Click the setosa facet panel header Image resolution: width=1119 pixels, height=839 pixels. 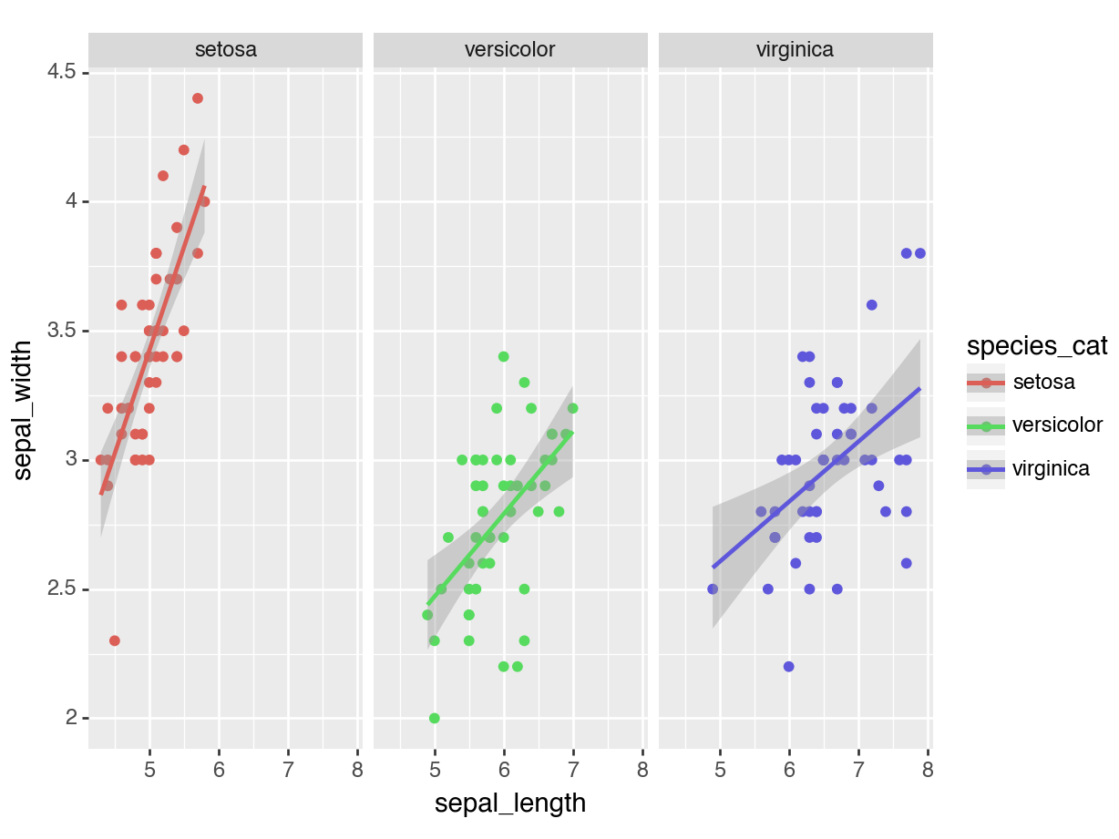tap(225, 50)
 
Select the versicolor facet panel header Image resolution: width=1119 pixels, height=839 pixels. tap(509, 50)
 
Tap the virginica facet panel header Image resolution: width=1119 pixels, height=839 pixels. tap(795, 50)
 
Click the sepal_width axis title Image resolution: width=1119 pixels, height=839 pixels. tap(25, 410)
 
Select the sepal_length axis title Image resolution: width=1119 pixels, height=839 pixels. tap(509, 803)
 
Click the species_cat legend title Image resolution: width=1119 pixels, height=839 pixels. tap(1037, 346)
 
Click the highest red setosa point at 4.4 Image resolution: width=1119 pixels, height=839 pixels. tap(198, 98)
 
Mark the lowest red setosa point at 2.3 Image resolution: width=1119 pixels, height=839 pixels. tap(115, 640)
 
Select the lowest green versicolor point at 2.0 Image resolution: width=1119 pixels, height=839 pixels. tap(435, 718)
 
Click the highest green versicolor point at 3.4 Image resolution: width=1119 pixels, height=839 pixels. tap(503, 356)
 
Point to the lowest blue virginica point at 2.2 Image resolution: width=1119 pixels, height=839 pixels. tap(789, 666)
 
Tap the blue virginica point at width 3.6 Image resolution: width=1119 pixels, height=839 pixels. tap(872, 305)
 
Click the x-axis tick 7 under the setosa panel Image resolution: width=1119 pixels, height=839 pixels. tap(288, 771)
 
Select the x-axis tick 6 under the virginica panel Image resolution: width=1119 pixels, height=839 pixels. tap(789, 771)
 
